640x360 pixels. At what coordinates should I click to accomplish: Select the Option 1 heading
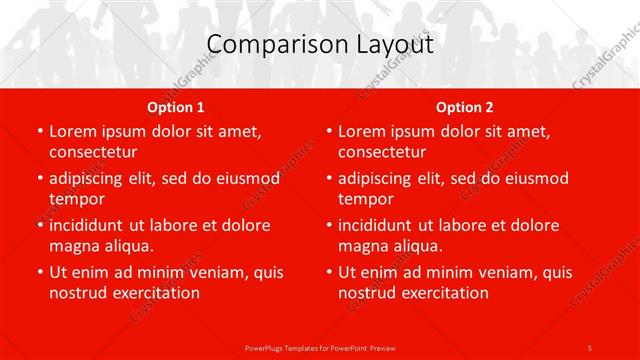pyautogui.click(x=176, y=107)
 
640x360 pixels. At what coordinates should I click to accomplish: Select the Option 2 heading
pyautogui.click(x=464, y=107)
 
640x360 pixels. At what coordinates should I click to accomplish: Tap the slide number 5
pyautogui.click(x=590, y=347)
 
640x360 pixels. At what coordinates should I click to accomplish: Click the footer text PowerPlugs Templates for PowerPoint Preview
pyautogui.click(x=320, y=347)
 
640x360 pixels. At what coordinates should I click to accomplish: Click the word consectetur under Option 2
pyautogui.click(x=382, y=152)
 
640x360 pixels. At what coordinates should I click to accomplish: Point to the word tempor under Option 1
pyautogui.click(x=76, y=199)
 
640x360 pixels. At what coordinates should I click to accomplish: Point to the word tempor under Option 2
pyautogui.click(x=365, y=199)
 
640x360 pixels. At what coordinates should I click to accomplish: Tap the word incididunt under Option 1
pyautogui.click(x=94, y=225)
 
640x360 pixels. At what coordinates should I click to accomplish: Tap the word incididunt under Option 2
pyautogui.click(x=383, y=225)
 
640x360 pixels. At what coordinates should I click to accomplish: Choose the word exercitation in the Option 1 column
pyautogui.click(x=154, y=293)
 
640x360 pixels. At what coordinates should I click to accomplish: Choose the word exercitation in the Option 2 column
pyautogui.click(x=443, y=293)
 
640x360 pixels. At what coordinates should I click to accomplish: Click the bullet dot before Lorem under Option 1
pyautogui.click(x=39, y=131)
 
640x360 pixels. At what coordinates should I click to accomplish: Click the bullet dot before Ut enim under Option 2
pyautogui.click(x=328, y=272)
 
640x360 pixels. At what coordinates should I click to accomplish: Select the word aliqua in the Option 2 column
pyautogui.click(x=430, y=246)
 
